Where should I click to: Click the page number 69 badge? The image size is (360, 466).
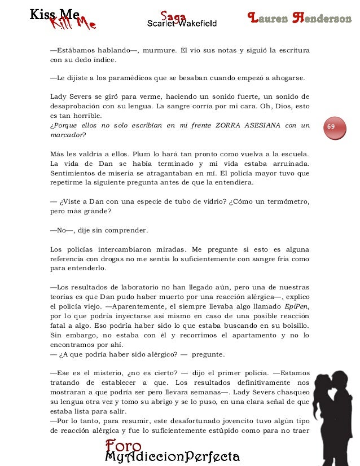[333, 127]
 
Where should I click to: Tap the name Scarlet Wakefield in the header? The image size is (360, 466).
[182, 23]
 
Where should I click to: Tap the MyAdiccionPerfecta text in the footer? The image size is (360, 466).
[173, 456]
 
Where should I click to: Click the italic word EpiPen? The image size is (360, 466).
[296, 306]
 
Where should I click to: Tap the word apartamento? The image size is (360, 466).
[243, 336]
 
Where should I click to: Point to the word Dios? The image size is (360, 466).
[280, 105]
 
